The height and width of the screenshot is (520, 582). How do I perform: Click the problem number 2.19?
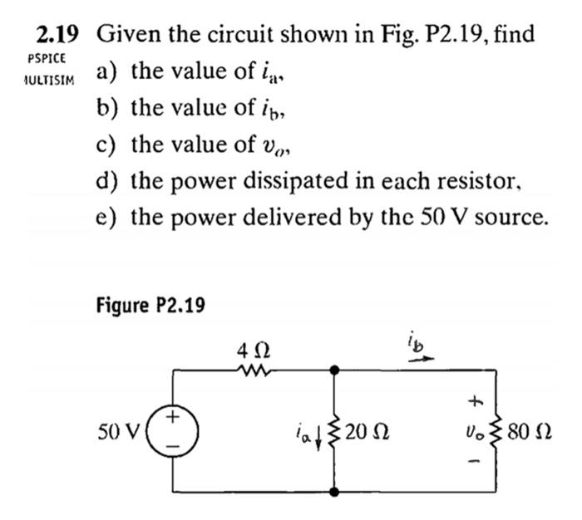point(57,35)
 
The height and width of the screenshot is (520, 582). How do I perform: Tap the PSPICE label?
point(45,60)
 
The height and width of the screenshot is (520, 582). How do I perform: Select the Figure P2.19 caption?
point(150,305)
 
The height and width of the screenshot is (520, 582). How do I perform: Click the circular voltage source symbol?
point(172,430)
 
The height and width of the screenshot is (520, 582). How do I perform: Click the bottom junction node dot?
point(334,492)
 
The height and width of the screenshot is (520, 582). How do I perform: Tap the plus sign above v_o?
point(476,402)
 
